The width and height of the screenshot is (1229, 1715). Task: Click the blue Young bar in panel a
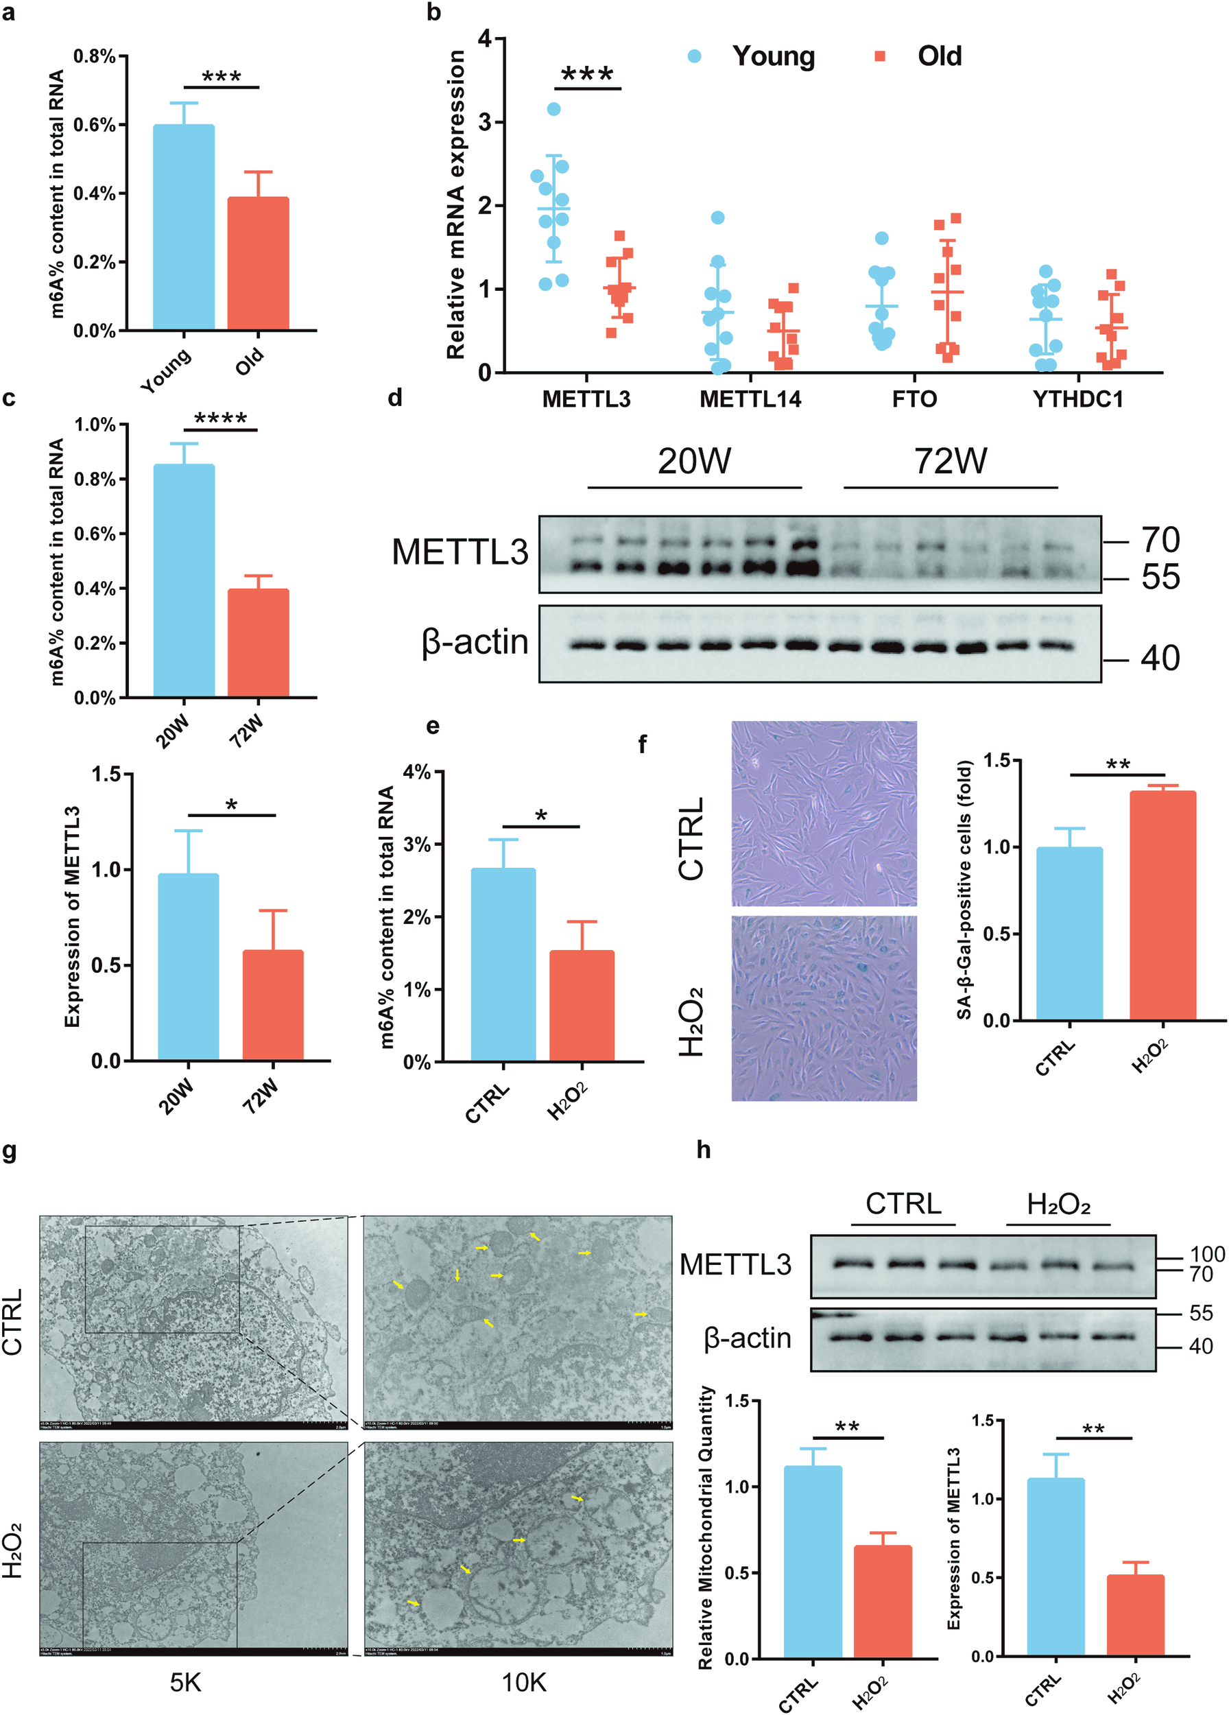184,227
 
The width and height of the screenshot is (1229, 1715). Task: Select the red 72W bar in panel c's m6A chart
258,642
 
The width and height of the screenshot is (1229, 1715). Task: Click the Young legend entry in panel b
772,56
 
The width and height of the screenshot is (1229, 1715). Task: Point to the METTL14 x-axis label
750,399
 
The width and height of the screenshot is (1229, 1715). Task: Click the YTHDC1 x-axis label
1078,399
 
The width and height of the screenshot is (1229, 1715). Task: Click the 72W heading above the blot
950,460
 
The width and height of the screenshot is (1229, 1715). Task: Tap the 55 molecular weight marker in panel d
1160,577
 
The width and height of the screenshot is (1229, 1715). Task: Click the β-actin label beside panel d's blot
475,642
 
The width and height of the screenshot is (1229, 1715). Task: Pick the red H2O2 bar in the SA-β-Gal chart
1162,906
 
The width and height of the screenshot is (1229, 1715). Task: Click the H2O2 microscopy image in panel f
824,1008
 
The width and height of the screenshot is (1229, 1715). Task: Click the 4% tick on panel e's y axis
416,772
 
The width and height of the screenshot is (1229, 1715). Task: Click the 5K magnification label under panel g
185,1683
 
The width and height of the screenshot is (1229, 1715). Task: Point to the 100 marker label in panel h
1207,1255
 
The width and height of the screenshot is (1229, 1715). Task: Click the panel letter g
10,1151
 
